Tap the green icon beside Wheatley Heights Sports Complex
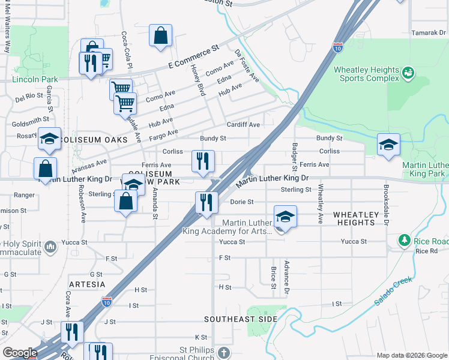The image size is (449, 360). [x=408, y=73]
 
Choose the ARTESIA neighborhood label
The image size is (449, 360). [x=87, y=284]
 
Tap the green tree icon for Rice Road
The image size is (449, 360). [x=405, y=241]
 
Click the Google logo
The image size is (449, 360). [x=19, y=353]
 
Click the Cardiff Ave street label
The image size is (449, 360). [x=243, y=125]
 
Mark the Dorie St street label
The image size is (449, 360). [x=242, y=202]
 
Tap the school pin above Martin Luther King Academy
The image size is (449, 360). [x=285, y=217]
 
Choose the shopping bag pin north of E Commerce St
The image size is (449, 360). [x=161, y=36]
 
